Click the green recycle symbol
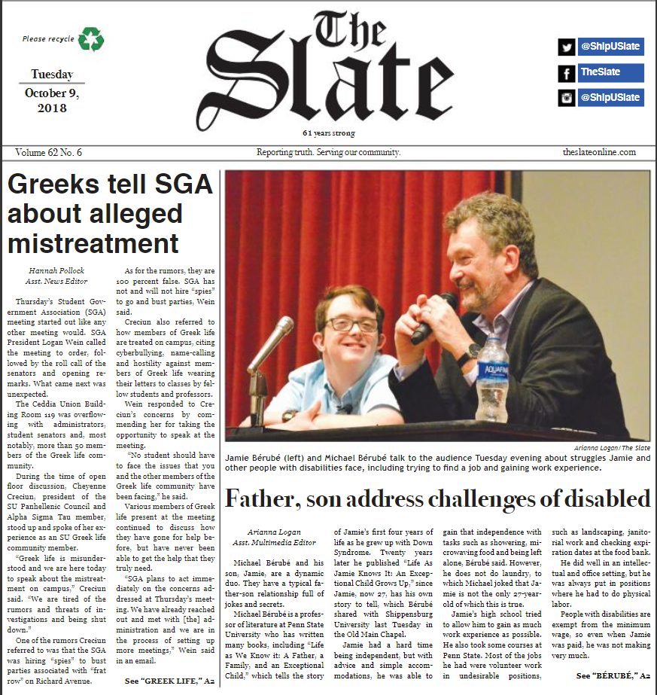click(91, 38)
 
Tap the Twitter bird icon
click(566, 47)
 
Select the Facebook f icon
click(566, 73)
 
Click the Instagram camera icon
click(566, 98)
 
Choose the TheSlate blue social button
click(610, 73)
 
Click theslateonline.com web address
click(599, 152)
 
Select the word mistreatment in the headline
click(93, 243)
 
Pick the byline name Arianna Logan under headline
click(269, 532)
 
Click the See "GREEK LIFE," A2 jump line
click(168, 681)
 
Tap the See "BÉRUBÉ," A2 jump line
click(613, 676)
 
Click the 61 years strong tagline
click(329, 133)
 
